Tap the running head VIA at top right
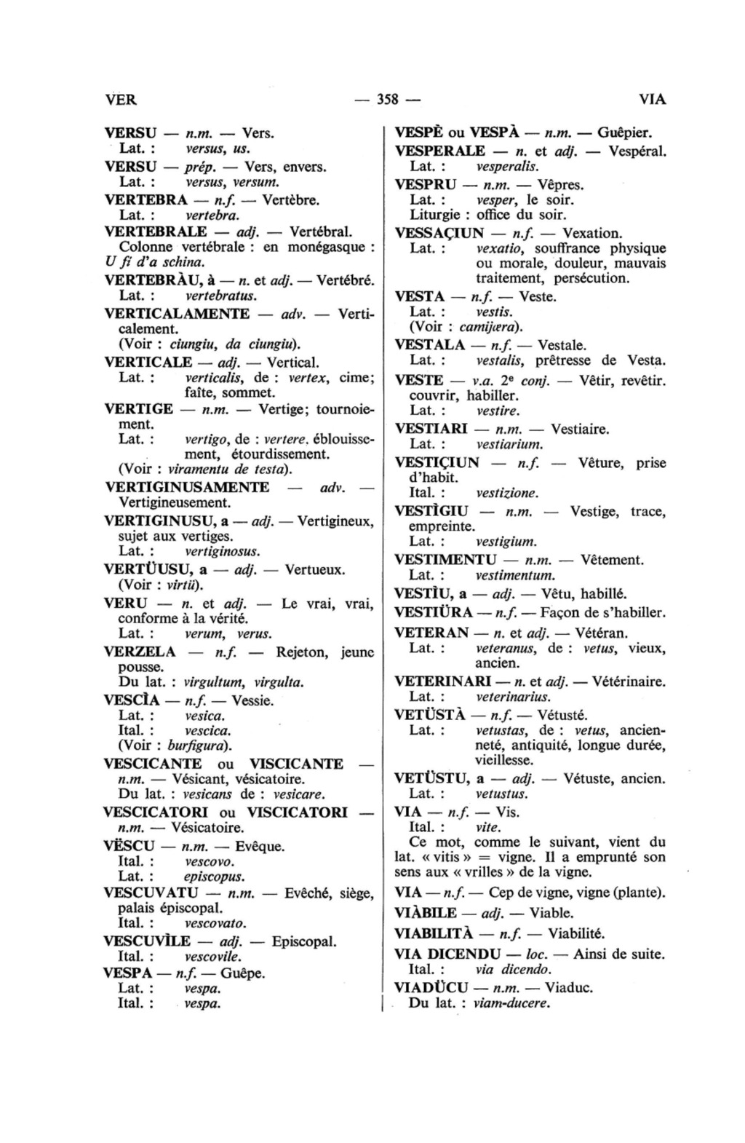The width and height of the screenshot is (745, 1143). (652, 100)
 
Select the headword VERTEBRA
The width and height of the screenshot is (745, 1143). (141, 199)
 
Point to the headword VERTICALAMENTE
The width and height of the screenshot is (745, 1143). (177, 314)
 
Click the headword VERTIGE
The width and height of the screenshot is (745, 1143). (139, 409)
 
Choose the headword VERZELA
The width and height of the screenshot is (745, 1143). (139, 652)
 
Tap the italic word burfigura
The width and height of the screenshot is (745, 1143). (199, 745)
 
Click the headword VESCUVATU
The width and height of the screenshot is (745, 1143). (151, 893)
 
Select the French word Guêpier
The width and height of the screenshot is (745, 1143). (624, 133)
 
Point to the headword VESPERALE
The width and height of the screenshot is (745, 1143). (439, 151)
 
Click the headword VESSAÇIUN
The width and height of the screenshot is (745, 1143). (439, 234)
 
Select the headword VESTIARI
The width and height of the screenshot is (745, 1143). (430, 430)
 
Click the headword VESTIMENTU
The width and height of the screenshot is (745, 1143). (445, 560)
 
